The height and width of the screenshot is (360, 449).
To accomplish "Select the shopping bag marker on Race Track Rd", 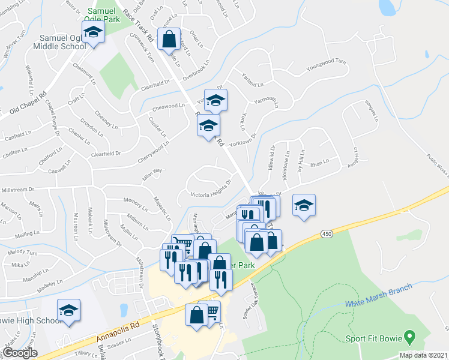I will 169,39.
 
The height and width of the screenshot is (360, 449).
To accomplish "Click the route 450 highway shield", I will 325,233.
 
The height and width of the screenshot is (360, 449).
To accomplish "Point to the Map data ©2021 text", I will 423,355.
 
